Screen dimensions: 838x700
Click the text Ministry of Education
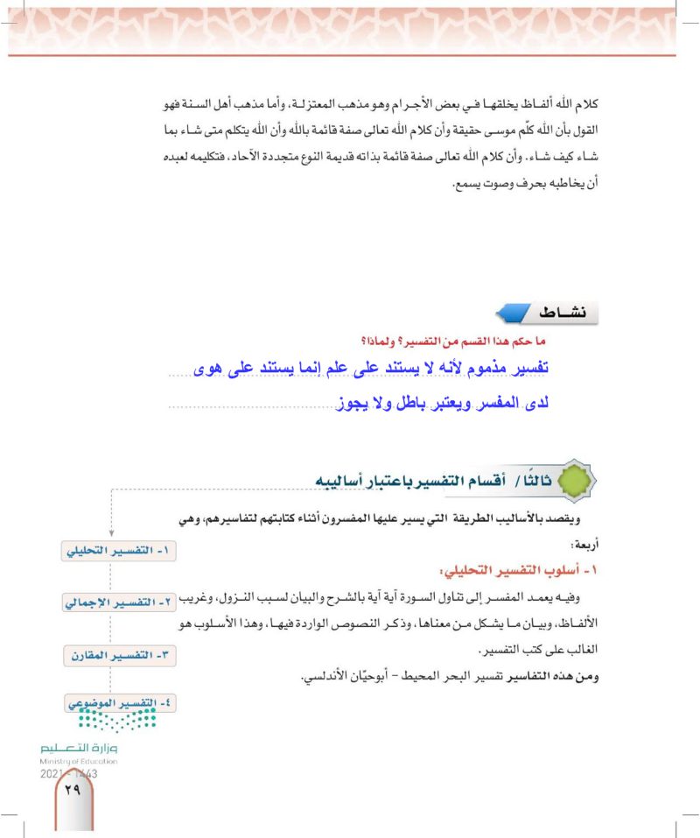point(79,762)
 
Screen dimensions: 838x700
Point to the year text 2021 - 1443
point(68,774)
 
